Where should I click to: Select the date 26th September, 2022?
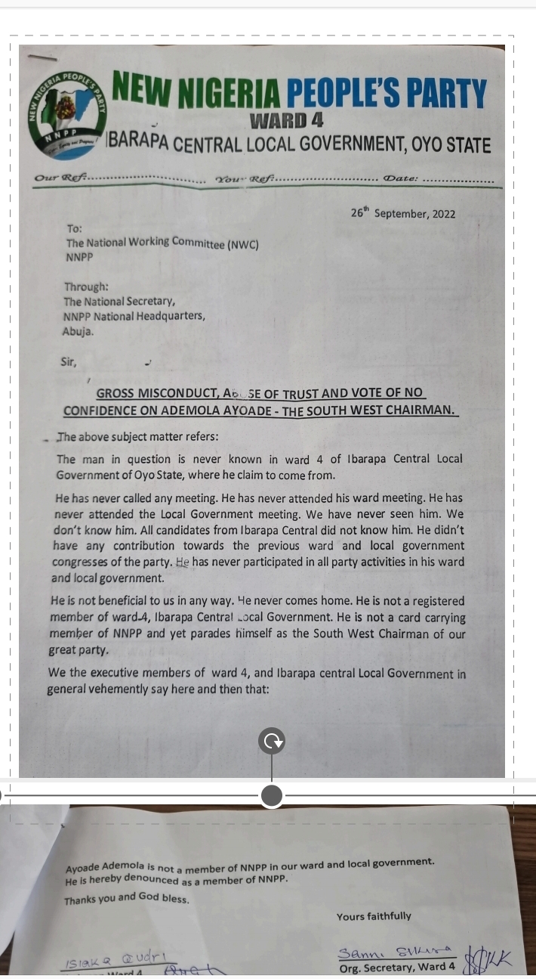tap(403, 213)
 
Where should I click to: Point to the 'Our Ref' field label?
tap(61, 178)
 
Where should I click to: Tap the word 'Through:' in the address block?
tap(86, 287)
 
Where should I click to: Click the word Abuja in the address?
tap(78, 330)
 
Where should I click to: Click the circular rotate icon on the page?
tap(272, 742)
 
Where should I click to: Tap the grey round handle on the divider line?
tap(272, 795)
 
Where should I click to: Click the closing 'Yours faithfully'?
tap(374, 916)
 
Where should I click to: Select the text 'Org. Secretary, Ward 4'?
tap(398, 966)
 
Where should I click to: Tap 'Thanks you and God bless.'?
tap(127, 900)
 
